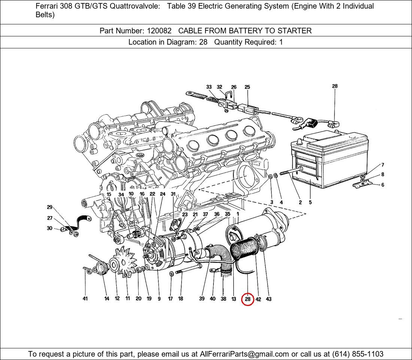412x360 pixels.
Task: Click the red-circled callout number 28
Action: [x=248, y=299]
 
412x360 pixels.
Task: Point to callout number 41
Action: [x=85, y=299]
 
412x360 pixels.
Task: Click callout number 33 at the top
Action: [x=209, y=87]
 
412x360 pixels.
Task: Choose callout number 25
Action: [x=247, y=87]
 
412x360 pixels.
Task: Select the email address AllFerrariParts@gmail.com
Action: [x=245, y=354]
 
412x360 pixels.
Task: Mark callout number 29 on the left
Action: [x=49, y=207]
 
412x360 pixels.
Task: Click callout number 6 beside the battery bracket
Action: [x=382, y=185]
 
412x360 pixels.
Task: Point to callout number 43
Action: [x=269, y=299]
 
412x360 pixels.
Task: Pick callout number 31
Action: [x=173, y=194]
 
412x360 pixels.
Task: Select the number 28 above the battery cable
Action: [x=334, y=86]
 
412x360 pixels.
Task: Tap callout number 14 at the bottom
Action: [x=107, y=299]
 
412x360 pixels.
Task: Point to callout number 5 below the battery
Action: [x=310, y=202]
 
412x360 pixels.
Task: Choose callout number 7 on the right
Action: [x=382, y=165]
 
